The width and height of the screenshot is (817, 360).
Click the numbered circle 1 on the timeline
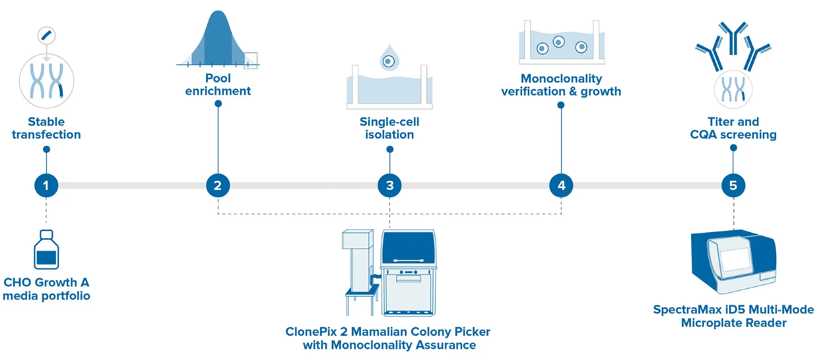point(46,186)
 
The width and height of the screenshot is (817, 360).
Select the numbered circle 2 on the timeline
point(218,186)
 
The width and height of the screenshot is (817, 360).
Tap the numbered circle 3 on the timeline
point(390,186)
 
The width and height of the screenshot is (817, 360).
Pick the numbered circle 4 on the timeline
point(561,186)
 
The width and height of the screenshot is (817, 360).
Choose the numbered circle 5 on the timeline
point(733,186)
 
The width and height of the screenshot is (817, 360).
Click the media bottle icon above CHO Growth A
point(46,250)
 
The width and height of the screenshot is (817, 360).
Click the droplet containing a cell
point(389,59)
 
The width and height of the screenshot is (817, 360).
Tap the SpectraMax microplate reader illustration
point(733,262)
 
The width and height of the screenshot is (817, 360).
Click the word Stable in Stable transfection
point(46,122)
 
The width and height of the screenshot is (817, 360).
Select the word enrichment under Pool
point(218,91)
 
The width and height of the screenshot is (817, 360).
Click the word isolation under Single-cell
point(389,135)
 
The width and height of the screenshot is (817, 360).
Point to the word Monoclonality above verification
point(561,78)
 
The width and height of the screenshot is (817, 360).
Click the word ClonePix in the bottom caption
point(311,332)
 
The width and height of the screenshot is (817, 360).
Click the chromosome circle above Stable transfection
point(46,81)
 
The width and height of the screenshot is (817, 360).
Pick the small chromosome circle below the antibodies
point(733,89)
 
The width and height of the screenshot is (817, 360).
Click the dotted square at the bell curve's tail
point(250,60)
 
